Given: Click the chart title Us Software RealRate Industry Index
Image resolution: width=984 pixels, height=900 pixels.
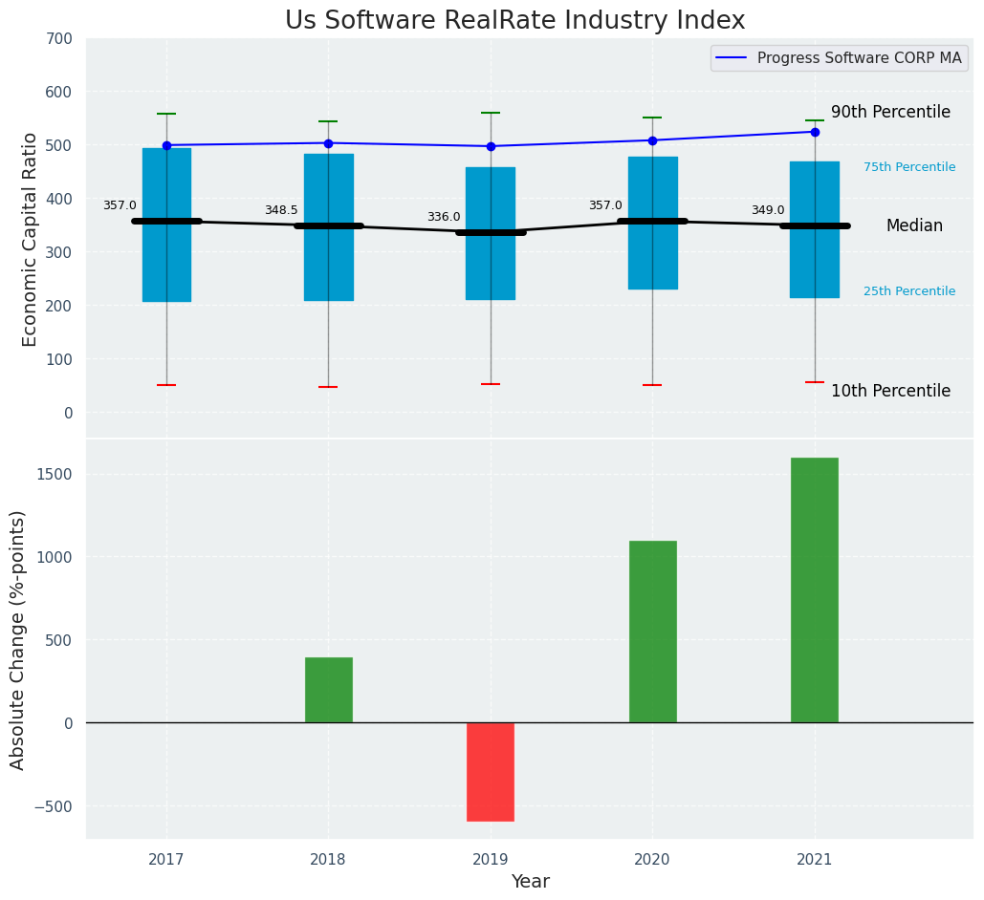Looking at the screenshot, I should (514, 21).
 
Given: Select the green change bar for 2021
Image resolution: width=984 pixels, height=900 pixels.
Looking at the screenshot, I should (815, 589).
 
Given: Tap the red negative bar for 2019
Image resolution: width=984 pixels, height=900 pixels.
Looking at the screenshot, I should (491, 771).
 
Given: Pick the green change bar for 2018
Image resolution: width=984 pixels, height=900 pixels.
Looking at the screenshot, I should (328, 690).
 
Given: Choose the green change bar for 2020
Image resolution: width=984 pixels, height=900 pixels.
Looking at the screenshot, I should (652, 632).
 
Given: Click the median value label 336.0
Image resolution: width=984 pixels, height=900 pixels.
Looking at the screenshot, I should (444, 217).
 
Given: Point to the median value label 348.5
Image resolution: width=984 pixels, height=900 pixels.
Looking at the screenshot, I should (281, 210).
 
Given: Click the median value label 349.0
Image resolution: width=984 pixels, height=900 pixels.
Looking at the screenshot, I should (768, 210).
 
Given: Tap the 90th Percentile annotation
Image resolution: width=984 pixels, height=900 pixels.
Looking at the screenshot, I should (890, 113).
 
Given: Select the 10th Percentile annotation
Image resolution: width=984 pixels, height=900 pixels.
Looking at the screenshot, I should (890, 392).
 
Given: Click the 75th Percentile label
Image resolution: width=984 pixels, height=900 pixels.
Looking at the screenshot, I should (909, 167).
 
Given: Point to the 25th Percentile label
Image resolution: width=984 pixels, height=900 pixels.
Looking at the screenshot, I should (909, 291).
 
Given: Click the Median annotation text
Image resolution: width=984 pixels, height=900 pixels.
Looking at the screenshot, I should (914, 226).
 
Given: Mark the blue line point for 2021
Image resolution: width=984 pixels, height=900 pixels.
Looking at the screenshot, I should (815, 132).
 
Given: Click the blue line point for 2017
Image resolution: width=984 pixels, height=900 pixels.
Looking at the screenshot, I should (166, 145).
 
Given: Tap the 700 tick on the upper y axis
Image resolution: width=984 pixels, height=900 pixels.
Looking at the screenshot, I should (58, 39).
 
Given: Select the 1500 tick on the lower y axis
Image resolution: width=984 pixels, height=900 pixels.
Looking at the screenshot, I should (54, 475).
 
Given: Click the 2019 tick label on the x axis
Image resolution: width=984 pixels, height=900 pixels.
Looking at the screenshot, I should (491, 860).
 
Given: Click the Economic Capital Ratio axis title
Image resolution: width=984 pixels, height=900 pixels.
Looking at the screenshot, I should (31, 239).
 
